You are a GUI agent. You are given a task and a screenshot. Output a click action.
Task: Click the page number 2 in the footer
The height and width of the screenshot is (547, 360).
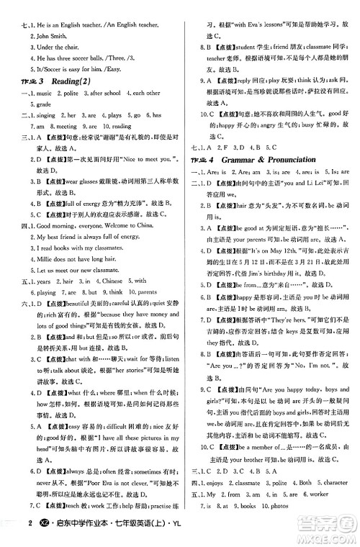tap(9, 533)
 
